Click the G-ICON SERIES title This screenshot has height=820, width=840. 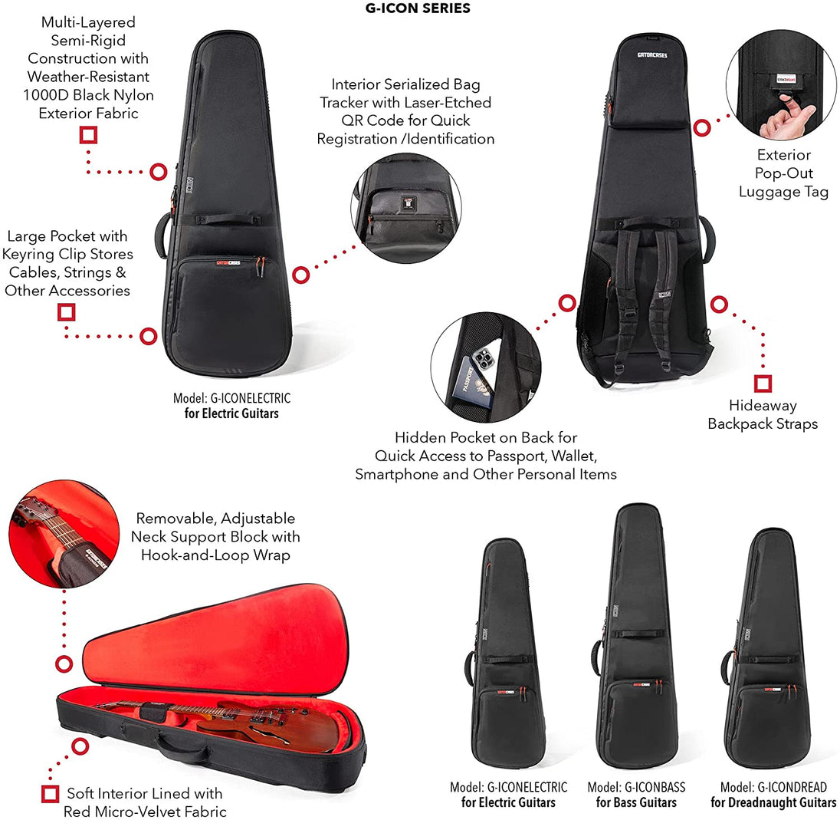(418, 8)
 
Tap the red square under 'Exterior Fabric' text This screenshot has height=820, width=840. (88, 134)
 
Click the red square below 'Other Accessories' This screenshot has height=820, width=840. (67, 312)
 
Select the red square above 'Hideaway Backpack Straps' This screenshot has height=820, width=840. (763, 384)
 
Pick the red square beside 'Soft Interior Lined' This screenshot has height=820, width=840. (51, 794)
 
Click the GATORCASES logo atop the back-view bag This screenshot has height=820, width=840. (652, 54)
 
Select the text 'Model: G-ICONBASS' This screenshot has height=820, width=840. (636, 787)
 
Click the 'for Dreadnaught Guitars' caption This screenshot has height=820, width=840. (773, 802)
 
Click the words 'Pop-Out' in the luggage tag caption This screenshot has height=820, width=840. (784, 173)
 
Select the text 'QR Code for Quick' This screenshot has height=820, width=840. (405, 120)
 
